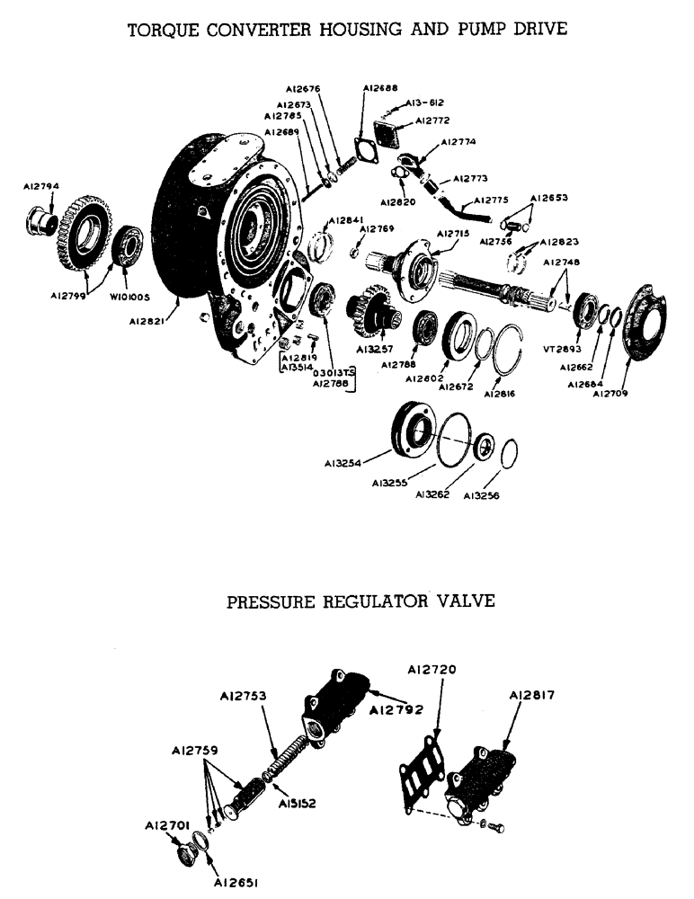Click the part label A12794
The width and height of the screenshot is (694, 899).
[x=42, y=187]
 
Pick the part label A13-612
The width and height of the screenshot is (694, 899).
[x=424, y=103]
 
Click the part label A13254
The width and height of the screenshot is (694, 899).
[x=344, y=464]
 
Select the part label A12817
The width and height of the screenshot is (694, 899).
[x=531, y=695]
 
